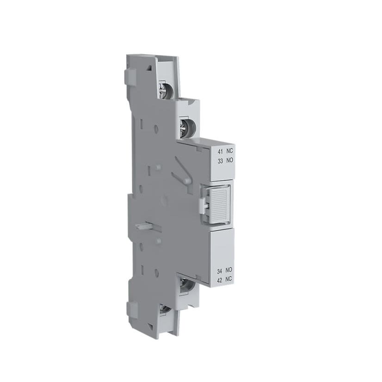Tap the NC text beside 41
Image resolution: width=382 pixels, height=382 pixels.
click(x=228, y=151)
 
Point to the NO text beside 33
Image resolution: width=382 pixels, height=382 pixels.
click(x=228, y=160)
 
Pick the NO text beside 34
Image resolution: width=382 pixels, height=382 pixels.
click(x=228, y=270)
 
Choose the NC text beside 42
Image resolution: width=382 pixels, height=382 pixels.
click(x=228, y=278)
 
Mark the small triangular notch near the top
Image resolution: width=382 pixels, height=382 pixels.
click(x=149, y=68)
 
